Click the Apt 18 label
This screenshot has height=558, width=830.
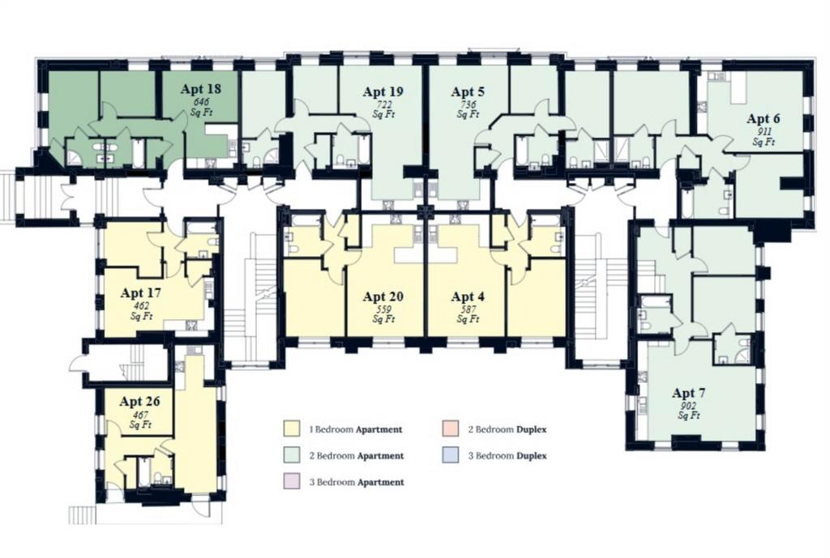pyautogui.click(x=201, y=89)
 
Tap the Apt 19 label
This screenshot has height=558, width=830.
pyautogui.click(x=383, y=92)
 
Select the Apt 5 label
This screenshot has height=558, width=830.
pyautogui.click(x=468, y=92)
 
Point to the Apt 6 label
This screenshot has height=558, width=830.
pyautogui.click(x=764, y=118)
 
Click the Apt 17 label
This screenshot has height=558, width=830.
pyautogui.click(x=141, y=292)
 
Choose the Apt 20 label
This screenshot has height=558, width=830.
pyautogui.click(x=383, y=296)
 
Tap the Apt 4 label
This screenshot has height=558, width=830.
pyautogui.click(x=468, y=296)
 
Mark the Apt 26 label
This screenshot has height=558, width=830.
pyautogui.click(x=139, y=402)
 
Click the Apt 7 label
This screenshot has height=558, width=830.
pyautogui.click(x=689, y=393)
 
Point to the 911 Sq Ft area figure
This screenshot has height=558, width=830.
pyautogui.click(x=764, y=137)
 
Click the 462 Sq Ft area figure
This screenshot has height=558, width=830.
pyautogui.click(x=141, y=311)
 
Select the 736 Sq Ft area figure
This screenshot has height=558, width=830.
pyautogui.click(x=468, y=109)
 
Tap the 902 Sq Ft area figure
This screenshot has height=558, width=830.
pyautogui.click(x=689, y=411)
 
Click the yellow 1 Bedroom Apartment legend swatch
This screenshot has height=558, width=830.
pyautogui.click(x=292, y=428)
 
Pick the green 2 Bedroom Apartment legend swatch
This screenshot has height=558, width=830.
pyautogui.click(x=292, y=455)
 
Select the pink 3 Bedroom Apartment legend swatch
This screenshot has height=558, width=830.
pyautogui.click(x=292, y=481)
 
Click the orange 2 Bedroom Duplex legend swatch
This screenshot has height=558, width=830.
pyautogui.click(x=451, y=428)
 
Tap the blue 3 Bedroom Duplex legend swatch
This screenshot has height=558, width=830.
pyautogui.click(x=451, y=455)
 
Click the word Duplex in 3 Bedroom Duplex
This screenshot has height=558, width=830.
pyautogui.click(x=532, y=456)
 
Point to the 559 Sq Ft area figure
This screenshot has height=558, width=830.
pyautogui.click(x=383, y=315)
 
